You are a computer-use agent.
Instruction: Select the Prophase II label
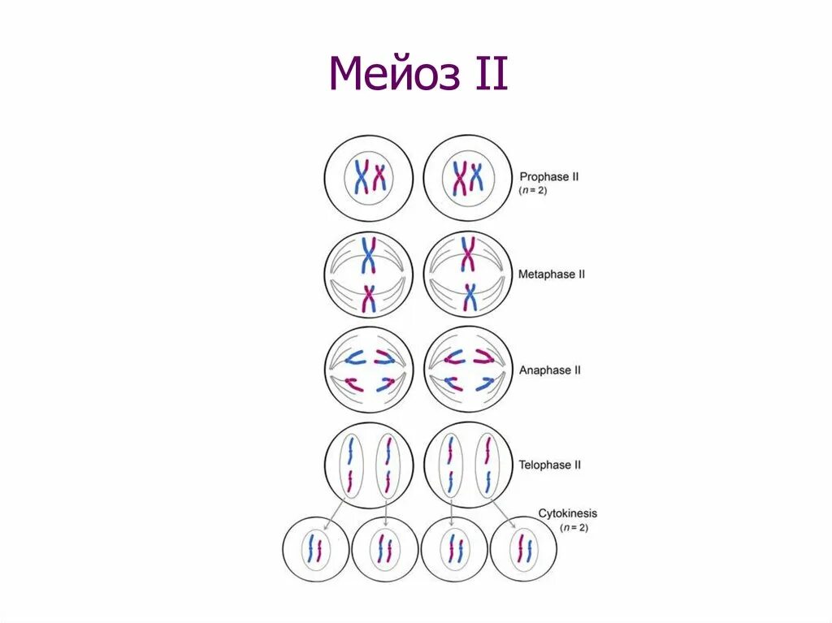click(x=549, y=175)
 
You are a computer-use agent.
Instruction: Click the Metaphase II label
click(x=552, y=275)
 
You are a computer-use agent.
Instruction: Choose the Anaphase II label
click(x=550, y=370)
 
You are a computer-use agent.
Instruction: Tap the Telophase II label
click(x=550, y=465)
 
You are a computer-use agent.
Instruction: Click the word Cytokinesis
click(x=567, y=513)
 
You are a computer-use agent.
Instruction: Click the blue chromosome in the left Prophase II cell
click(x=361, y=176)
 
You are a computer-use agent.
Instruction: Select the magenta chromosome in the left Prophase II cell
click(x=379, y=176)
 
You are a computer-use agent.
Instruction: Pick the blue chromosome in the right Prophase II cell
click(x=476, y=176)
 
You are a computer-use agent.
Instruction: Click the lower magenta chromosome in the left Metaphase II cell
click(x=369, y=298)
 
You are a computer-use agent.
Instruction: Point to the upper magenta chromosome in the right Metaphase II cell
click(x=469, y=253)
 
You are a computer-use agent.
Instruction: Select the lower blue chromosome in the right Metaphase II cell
click(x=469, y=297)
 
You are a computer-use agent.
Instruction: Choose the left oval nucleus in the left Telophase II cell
click(x=350, y=465)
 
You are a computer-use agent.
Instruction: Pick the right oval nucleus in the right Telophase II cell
click(x=487, y=465)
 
